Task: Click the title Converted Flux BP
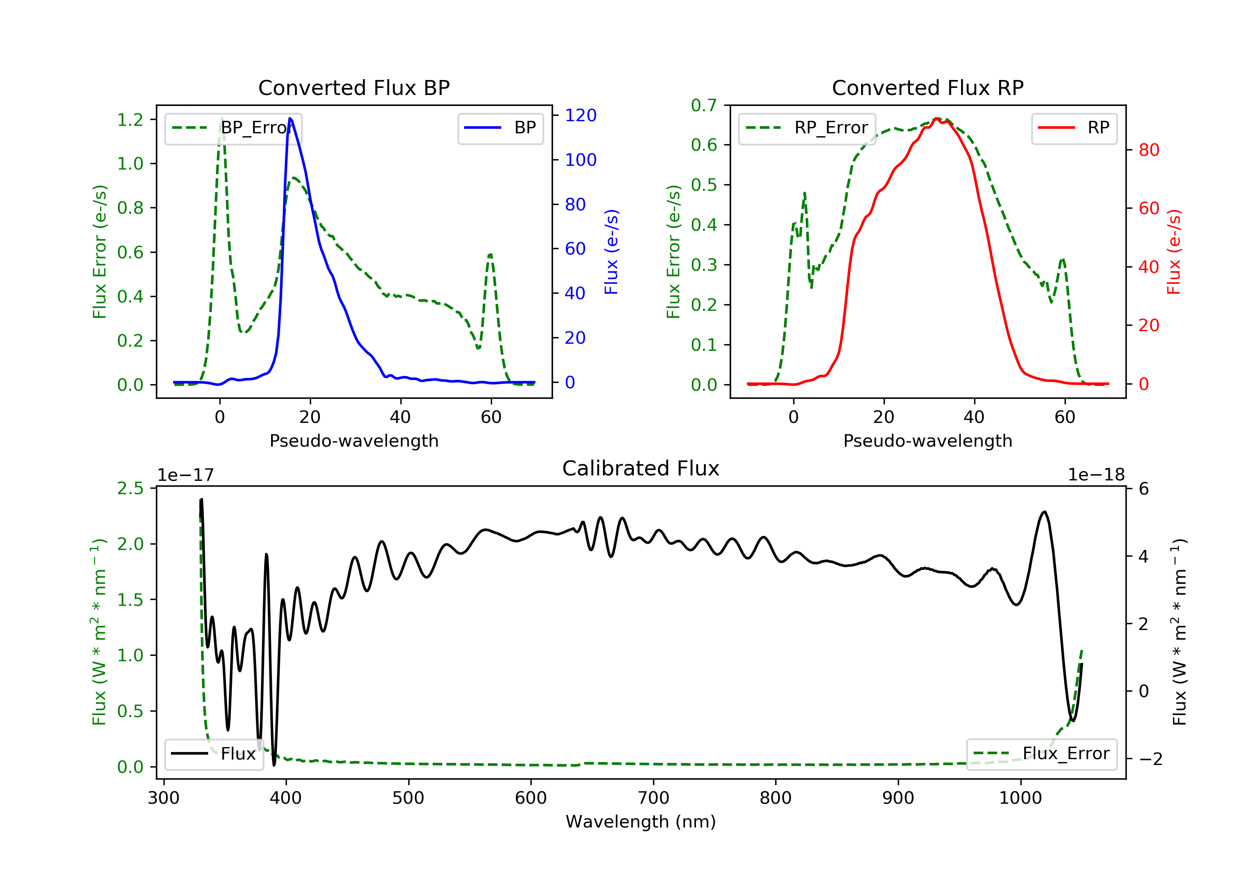coord(354,87)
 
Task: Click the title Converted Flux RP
coord(927,87)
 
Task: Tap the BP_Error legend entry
coord(233,128)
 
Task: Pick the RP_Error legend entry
coord(807,128)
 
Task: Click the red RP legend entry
coord(1074,128)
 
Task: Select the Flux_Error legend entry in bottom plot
coord(1042,754)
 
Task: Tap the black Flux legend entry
coord(214,754)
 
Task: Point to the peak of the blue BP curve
coord(290,118)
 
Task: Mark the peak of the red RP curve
coord(936,118)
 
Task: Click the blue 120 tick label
coord(580,115)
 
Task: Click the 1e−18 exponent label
coord(1096,475)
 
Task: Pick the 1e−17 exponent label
coord(186,475)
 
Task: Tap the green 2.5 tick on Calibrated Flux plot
coord(130,488)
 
